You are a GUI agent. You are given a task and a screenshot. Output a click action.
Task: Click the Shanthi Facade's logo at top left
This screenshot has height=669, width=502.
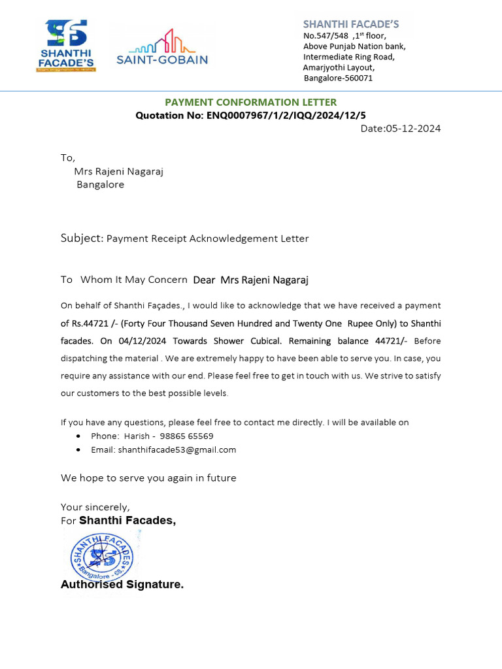[66, 45]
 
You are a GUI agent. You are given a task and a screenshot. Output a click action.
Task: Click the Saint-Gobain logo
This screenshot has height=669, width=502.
[162, 47]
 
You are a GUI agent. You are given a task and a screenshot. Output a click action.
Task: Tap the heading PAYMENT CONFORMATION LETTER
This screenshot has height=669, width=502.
[250, 102]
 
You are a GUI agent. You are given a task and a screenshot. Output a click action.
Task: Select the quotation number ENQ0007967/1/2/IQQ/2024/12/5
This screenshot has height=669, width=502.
[286, 116]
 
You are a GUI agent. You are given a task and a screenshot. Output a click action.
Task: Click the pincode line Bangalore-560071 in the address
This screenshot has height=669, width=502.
[338, 78]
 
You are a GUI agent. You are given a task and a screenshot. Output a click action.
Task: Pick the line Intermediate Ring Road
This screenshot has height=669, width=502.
[348, 57]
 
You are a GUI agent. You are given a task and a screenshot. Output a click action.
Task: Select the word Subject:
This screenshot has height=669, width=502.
[82, 238]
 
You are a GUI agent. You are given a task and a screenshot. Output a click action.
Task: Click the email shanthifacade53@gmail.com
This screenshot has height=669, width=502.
[163, 449]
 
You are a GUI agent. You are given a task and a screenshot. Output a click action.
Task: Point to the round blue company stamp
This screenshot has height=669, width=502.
[101, 555]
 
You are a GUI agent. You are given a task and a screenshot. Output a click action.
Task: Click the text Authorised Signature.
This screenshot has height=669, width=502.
[122, 585]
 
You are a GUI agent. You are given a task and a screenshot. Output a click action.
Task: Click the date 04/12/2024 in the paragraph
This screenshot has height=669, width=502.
[142, 341]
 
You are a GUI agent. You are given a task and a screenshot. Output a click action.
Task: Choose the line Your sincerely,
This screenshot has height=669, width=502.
[95, 507]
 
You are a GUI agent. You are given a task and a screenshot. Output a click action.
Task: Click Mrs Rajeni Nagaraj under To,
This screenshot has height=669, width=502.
[118, 172]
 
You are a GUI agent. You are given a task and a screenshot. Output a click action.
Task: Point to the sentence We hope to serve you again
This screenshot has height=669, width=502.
[148, 478]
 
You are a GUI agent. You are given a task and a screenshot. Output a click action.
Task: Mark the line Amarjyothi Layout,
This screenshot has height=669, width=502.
[339, 67]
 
